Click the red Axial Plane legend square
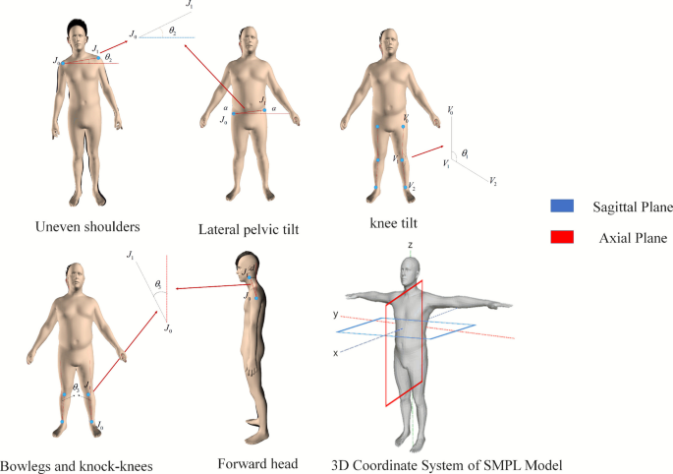559,237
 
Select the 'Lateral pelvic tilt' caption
249,229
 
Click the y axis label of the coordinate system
335,315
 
